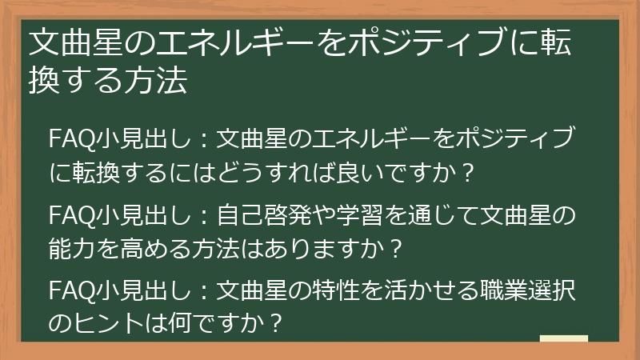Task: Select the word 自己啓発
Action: [265, 217]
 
